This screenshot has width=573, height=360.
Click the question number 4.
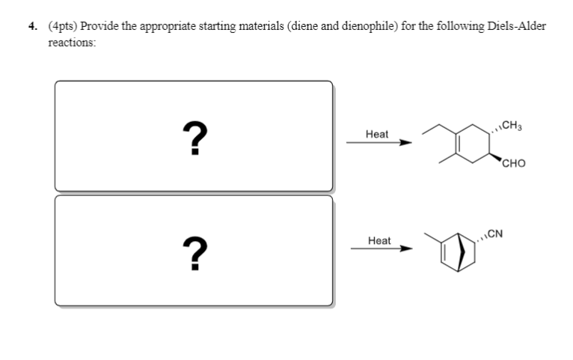[32, 26]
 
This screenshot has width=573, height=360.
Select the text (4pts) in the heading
[63, 26]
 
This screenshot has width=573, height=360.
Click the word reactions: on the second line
[72, 43]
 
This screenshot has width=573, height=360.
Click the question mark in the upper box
[194, 138]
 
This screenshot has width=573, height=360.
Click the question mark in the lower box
[194, 252]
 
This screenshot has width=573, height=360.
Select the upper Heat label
[377, 134]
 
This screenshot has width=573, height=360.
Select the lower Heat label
[379, 240]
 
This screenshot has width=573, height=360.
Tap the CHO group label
[515, 164]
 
